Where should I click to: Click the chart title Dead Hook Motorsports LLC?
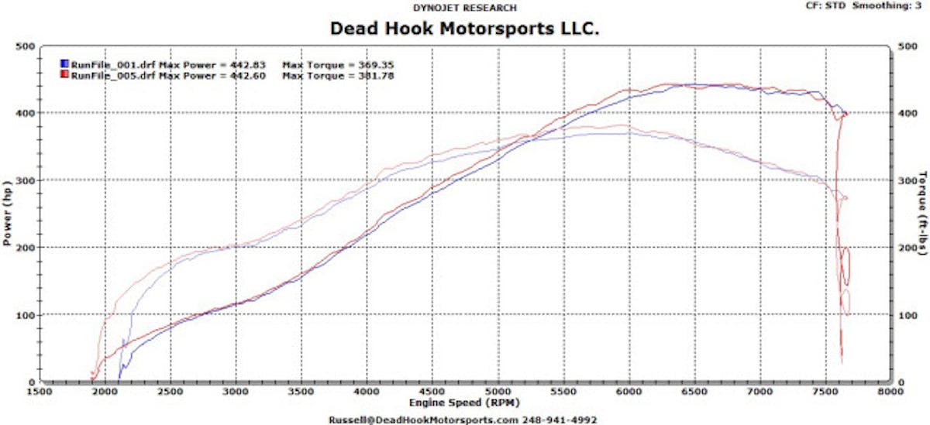tap(465, 28)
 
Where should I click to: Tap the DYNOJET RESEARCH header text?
tap(465, 8)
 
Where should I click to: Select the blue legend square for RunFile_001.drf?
tap(64, 63)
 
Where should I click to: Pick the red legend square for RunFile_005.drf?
tap(64, 75)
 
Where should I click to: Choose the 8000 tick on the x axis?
tap(892, 392)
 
